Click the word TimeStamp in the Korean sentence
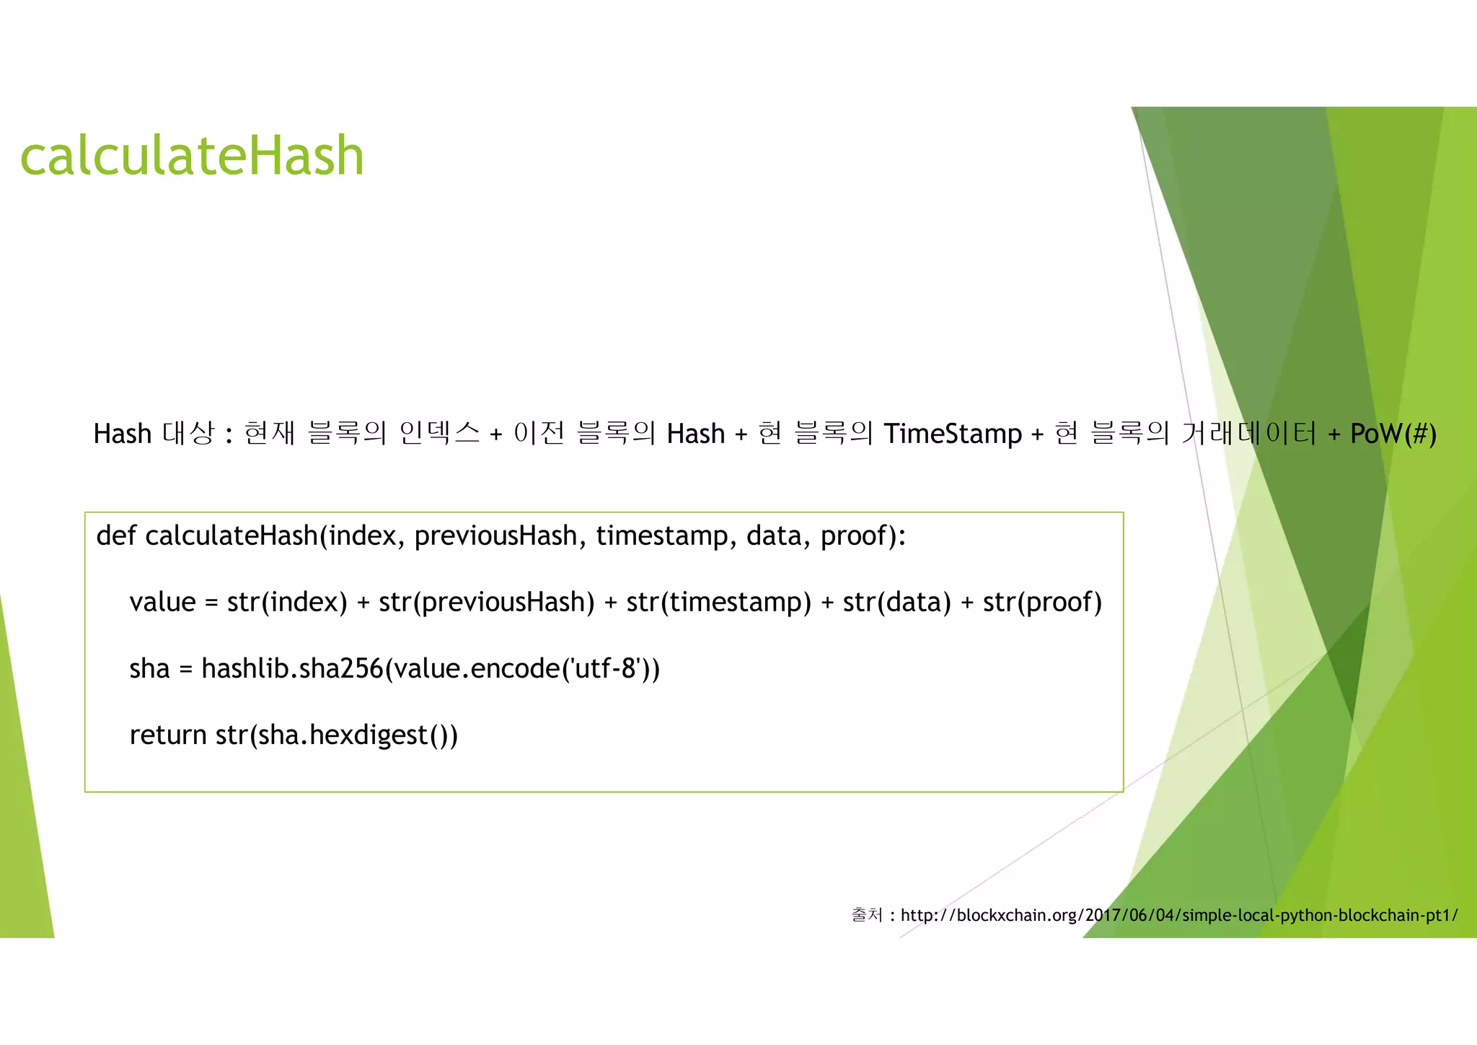pyautogui.click(x=953, y=434)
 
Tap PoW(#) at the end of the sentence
pyautogui.click(x=1393, y=434)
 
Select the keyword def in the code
pyautogui.click(x=115, y=535)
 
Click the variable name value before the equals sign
pyautogui.click(x=162, y=602)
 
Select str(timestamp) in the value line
pyautogui.click(x=719, y=602)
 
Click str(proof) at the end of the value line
pyautogui.click(x=1042, y=602)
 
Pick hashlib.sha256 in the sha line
pyautogui.click(x=292, y=668)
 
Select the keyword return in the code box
pyautogui.click(x=168, y=735)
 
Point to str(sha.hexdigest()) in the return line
pyautogui.click(x=337, y=735)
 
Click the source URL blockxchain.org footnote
pyautogui.click(x=1178, y=915)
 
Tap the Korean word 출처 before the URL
pyautogui.click(x=867, y=915)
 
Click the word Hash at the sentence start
pyautogui.click(x=122, y=434)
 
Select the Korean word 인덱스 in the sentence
pyautogui.click(x=438, y=433)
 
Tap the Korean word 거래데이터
pyautogui.click(x=1249, y=433)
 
